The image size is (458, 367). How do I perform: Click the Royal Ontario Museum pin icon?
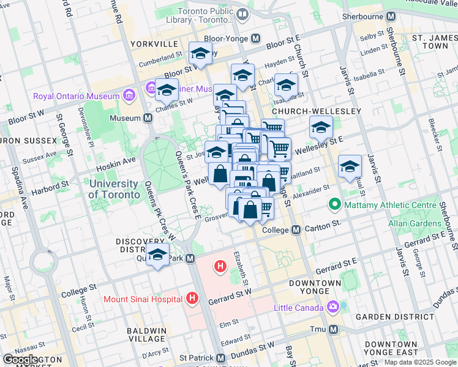[129, 96]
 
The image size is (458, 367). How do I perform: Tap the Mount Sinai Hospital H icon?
[192, 298]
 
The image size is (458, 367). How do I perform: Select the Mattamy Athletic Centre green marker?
[334, 204]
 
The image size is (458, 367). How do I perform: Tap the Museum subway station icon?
[148, 117]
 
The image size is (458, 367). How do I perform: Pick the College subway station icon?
[296, 230]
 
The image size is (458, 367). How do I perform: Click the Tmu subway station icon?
[334, 329]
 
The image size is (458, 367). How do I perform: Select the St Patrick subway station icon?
[220, 357]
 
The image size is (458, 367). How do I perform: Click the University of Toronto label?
[113, 189]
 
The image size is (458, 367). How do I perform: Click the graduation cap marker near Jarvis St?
[350, 166]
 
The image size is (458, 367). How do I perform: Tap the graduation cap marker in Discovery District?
[158, 254]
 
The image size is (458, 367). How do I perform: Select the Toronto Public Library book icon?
[242, 13]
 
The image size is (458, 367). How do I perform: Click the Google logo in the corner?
[20, 360]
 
